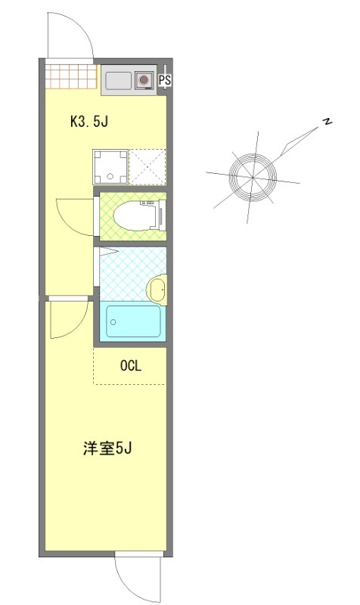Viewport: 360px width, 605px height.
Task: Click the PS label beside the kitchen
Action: [164, 79]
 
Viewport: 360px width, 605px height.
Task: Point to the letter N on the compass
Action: [327, 123]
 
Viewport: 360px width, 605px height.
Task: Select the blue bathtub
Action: [133, 321]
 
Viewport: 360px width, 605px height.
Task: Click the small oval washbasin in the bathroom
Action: [156, 288]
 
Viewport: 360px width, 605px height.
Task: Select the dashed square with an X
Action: [147, 166]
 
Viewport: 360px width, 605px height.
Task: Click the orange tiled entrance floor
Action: [70, 76]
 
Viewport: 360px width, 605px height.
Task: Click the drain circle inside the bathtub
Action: [113, 322]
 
